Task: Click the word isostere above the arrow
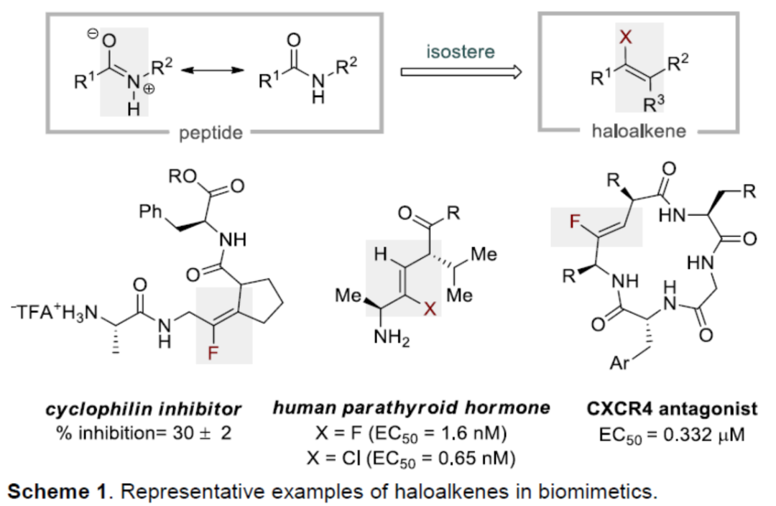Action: [459, 52]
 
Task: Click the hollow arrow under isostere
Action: [459, 73]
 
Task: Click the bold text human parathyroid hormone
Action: [411, 408]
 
